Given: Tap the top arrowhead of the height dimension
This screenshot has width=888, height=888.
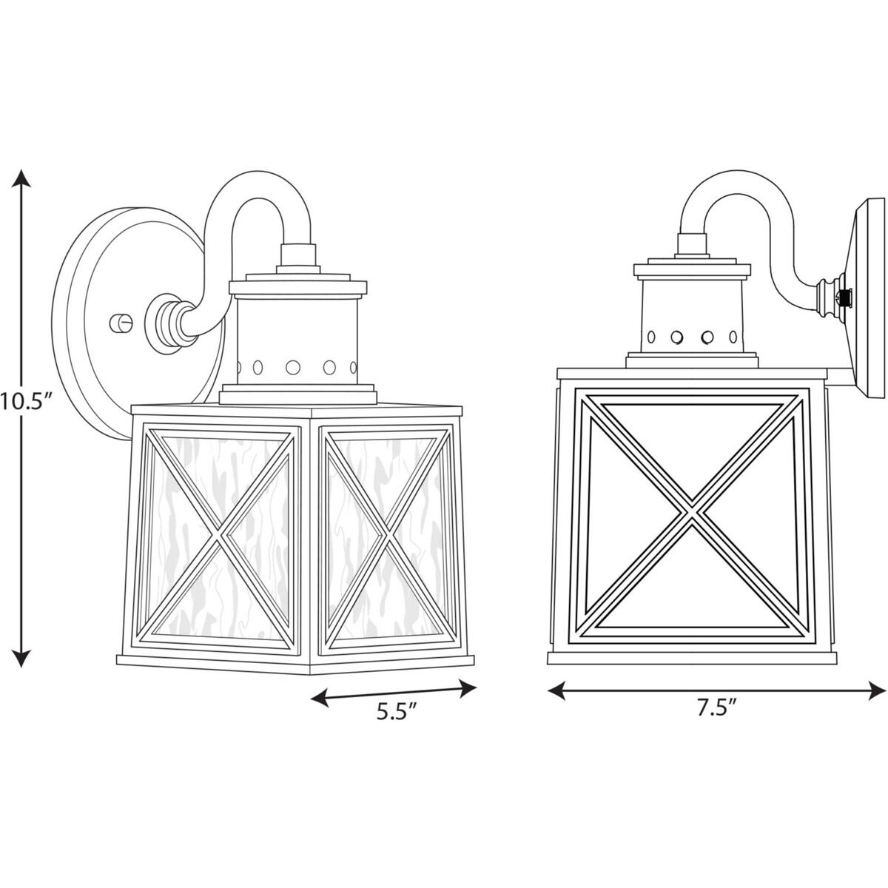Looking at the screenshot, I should click(23, 178).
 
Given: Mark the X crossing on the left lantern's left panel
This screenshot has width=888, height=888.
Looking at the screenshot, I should click(216, 535).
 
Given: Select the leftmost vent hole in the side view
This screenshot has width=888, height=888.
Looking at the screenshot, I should click(650, 337).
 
